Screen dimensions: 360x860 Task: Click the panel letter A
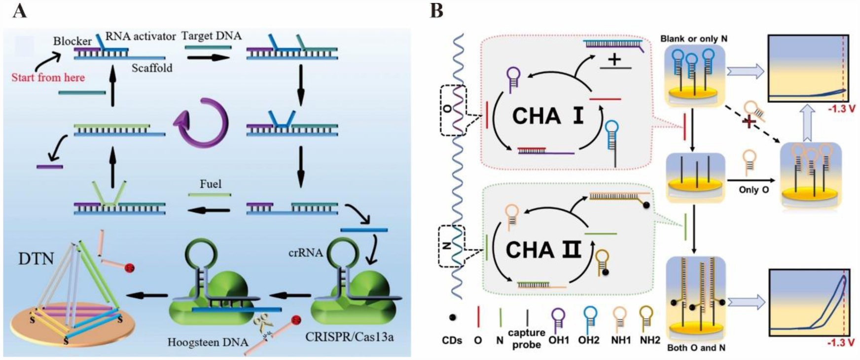coord(20,11)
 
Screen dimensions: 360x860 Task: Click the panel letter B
coord(436,11)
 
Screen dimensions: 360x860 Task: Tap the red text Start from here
coord(48,77)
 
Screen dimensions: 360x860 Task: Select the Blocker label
coord(72,41)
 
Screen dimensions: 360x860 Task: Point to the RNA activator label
coord(141,36)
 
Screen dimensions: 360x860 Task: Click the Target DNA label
coord(212,36)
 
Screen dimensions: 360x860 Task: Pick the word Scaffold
coord(152,68)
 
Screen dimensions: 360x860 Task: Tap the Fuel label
coord(211,184)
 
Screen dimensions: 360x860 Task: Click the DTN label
coord(36,258)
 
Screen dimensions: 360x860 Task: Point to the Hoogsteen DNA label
coord(208,342)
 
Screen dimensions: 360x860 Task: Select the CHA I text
coord(547,116)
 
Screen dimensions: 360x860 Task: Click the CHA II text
coord(543,250)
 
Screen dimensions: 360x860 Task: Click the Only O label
coord(753,189)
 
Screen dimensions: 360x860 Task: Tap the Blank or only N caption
coord(694,38)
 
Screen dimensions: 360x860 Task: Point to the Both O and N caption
coord(696,348)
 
